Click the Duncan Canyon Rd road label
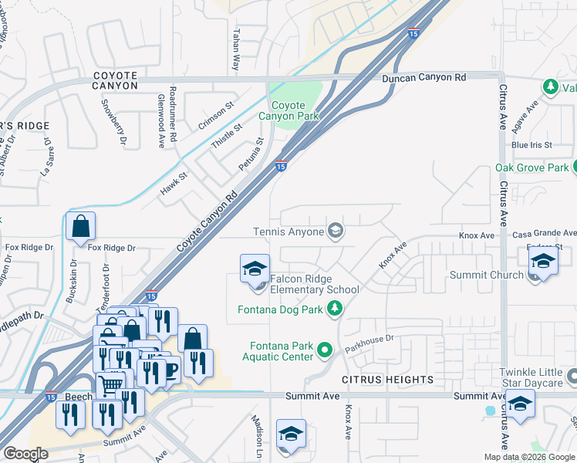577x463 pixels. (x=424, y=78)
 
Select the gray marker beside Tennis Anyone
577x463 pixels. (x=336, y=231)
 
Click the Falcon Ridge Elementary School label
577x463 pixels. (x=314, y=284)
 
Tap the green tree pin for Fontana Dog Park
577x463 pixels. (x=335, y=309)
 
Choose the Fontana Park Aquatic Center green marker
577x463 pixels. (x=325, y=350)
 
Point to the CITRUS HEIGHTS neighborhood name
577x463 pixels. (x=387, y=380)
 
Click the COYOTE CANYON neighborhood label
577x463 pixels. (x=115, y=80)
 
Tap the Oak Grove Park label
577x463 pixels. (x=531, y=167)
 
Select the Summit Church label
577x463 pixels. (x=496, y=275)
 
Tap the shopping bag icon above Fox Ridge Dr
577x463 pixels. (x=80, y=227)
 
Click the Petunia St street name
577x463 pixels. (x=251, y=152)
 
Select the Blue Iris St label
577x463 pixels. (x=531, y=144)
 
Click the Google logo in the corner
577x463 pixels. (x=25, y=454)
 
